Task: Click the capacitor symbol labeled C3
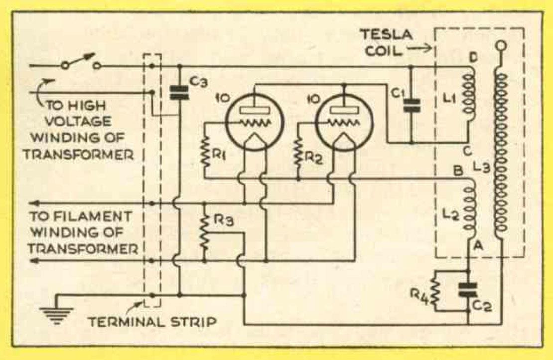point(179,93)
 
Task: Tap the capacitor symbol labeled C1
point(412,105)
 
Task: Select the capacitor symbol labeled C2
point(468,289)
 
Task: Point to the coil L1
point(468,95)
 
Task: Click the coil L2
point(468,209)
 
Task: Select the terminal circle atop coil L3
point(501,48)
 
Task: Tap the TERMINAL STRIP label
point(152,322)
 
